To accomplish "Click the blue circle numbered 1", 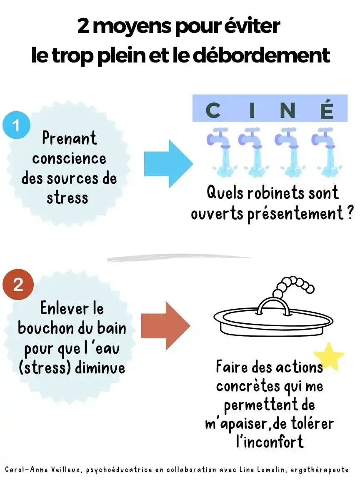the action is tap(17, 125).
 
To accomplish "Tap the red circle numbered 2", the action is tap(18, 285).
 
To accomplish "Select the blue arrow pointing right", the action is tap(169, 164).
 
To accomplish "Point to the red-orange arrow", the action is tap(165, 326).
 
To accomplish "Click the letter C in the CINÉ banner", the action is tap(213, 110).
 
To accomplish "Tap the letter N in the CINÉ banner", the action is tap(288, 110).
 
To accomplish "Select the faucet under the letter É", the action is tap(326, 152).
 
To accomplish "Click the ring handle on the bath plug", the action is tap(273, 306).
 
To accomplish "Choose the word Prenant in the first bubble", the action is tap(69, 138).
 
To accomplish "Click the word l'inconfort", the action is tap(270, 441).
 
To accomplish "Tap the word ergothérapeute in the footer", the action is tap(320, 470).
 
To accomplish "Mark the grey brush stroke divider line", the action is tap(178, 258).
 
